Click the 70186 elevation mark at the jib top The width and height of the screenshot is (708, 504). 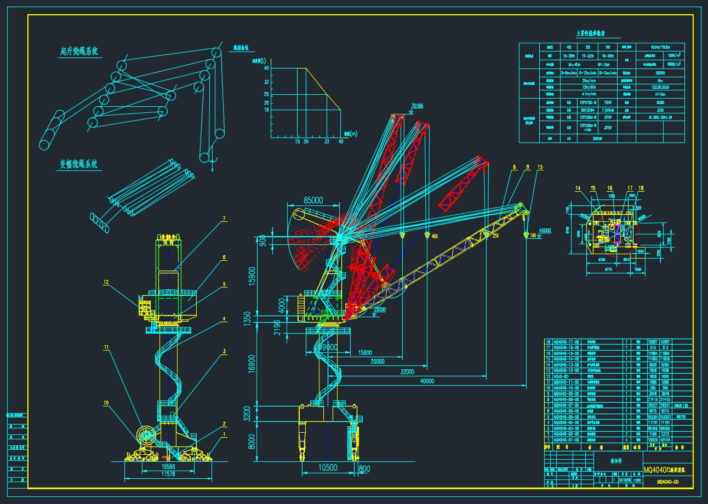point(416,107)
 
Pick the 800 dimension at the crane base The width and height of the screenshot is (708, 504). point(364,469)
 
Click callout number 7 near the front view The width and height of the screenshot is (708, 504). point(224,219)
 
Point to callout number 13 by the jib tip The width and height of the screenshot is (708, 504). point(540,167)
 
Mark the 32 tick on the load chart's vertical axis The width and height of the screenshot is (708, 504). point(266,82)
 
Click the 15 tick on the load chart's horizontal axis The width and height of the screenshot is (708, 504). point(298,141)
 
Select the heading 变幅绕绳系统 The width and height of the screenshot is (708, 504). point(78,164)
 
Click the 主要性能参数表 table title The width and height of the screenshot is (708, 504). point(595,33)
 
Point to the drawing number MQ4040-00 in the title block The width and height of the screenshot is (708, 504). point(668,482)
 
